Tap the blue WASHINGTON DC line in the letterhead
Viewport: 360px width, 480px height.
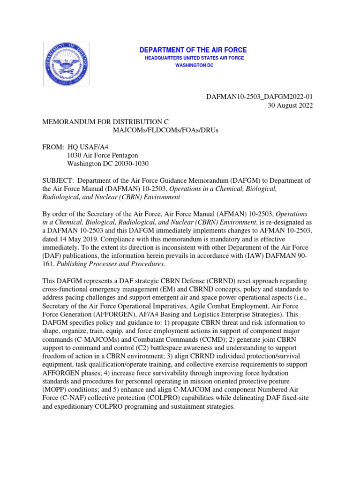click(x=194, y=65)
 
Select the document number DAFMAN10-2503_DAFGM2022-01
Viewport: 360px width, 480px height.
click(x=260, y=97)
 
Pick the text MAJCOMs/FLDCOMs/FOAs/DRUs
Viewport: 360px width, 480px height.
click(x=165, y=129)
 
